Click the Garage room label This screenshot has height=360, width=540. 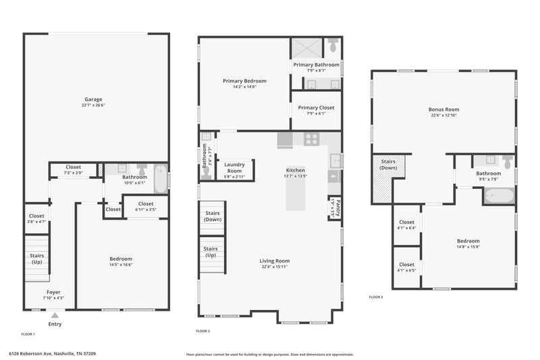click(x=93, y=99)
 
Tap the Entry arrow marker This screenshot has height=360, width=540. click(x=55, y=314)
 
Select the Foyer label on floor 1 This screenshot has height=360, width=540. click(x=53, y=292)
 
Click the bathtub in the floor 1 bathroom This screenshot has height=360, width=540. click(x=160, y=179)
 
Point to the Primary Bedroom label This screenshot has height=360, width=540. click(x=244, y=81)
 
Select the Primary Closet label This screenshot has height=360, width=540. click(x=316, y=107)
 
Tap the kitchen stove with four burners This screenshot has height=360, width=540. click(x=311, y=139)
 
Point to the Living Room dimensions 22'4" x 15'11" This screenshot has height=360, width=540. click(x=275, y=266)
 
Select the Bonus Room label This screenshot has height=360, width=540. click(x=443, y=109)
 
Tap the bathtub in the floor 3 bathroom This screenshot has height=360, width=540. click(x=499, y=197)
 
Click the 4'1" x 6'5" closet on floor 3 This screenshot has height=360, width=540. click(x=407, y=267)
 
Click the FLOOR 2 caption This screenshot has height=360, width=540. click(x=202, y=331)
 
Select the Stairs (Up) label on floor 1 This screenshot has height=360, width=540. click(x=36, y=258)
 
